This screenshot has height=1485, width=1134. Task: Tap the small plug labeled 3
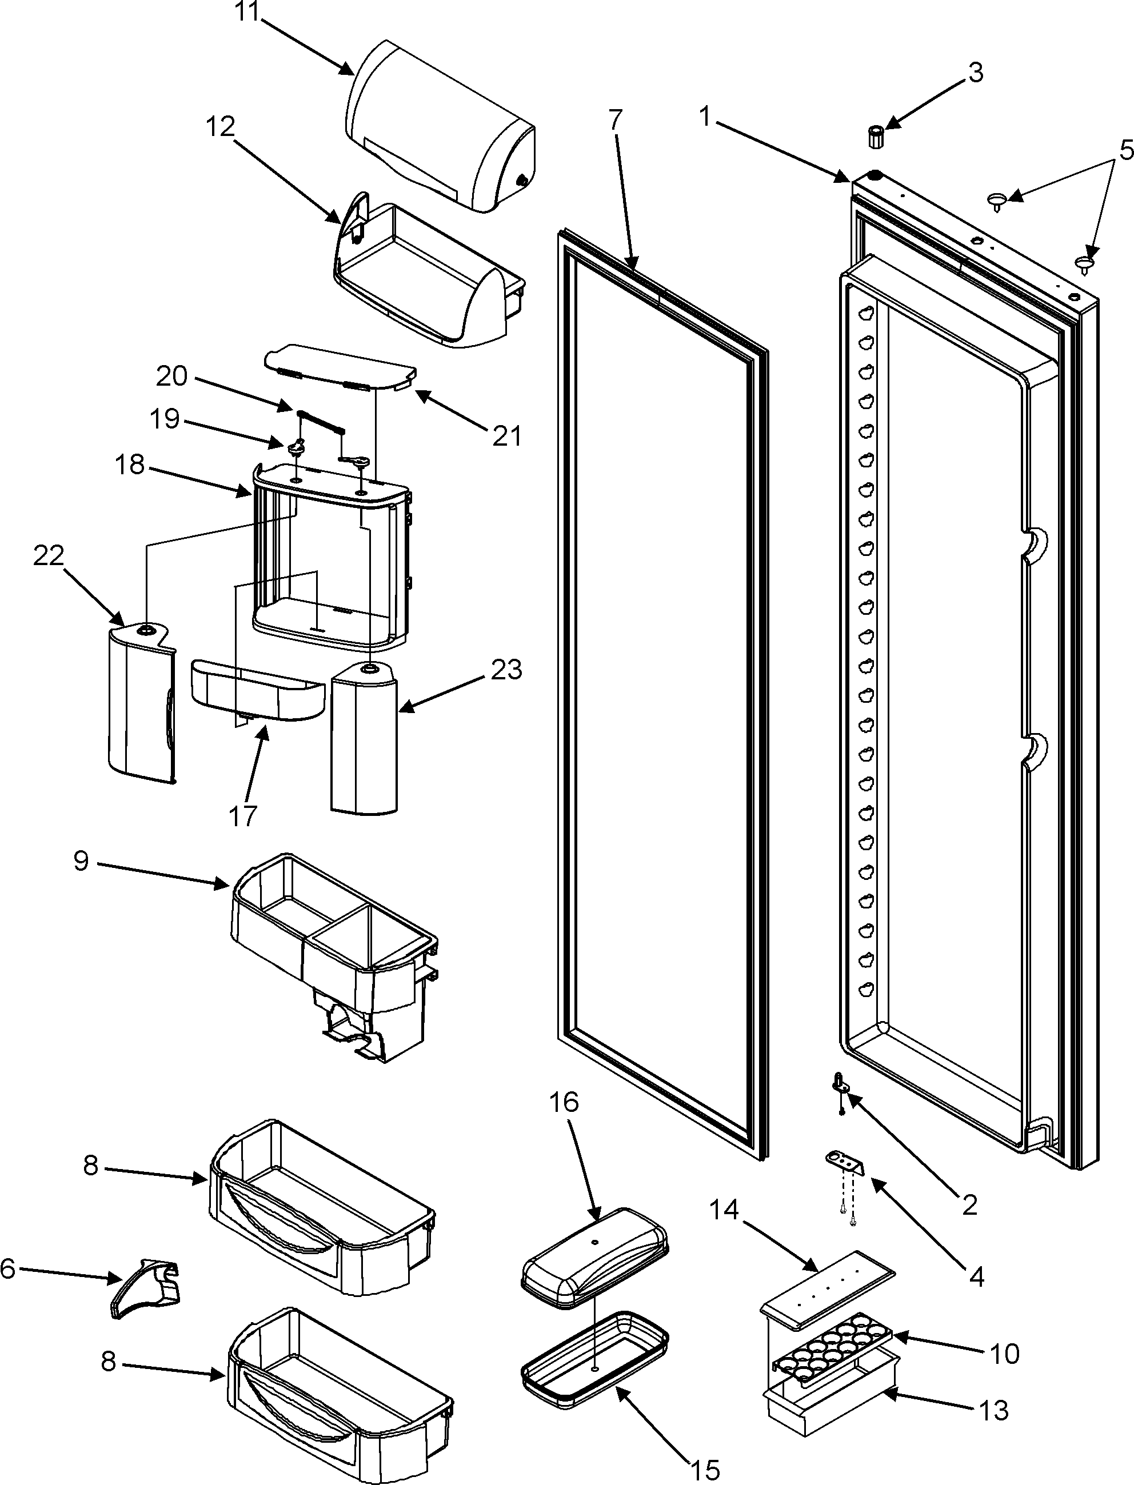pos(876,137)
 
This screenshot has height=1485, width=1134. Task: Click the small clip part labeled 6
pos(146,1286)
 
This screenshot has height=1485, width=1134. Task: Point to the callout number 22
pos(49,556)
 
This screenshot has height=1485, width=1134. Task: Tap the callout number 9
pos(81,861)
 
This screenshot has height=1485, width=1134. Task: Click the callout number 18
pos(130,463)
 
